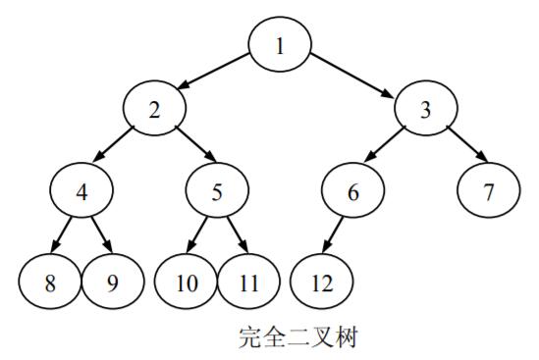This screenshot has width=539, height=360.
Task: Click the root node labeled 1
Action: click(279, 46)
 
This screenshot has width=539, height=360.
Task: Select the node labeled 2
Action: click(154, 109)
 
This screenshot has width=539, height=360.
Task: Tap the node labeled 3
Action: click(426, 109)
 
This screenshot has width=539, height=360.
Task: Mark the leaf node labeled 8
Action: click(49, 283)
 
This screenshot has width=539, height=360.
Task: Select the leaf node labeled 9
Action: click(111, 283)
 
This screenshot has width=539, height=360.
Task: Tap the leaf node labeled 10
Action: click(187, 283)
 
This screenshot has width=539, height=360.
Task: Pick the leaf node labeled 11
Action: click(247, 283)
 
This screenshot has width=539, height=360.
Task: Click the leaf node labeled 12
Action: click(322, 283)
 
